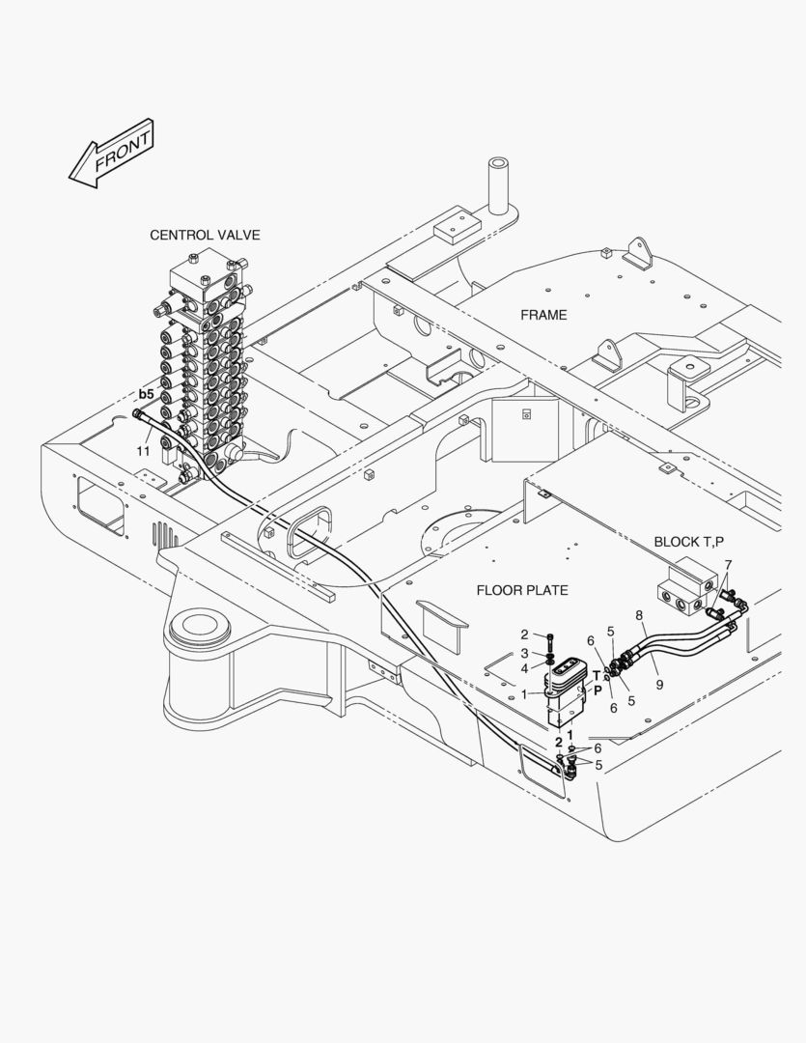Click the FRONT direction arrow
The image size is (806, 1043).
(x=112, y=154)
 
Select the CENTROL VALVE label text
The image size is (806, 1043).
(x=205, y=235)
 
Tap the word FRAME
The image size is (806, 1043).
(x=543, y=315)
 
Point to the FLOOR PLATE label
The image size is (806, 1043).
(x=522, y=590)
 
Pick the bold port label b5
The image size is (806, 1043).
(x=146, y=394)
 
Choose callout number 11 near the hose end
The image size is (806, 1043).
(x=143, y=450)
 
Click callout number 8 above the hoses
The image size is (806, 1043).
(x=639, y=614)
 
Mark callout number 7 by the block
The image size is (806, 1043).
(x=728, y=564)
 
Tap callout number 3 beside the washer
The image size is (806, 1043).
(x=524, y=653)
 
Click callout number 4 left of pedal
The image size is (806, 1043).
(x=524, y=668)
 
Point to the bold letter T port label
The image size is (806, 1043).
(x=597, y=675)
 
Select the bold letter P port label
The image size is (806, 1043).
(x=598, y=691)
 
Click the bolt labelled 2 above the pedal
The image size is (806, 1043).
(x=548, y=640)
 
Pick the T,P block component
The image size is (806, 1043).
(x=687, y=588)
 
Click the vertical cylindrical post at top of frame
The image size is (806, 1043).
(x=499, y=184)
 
